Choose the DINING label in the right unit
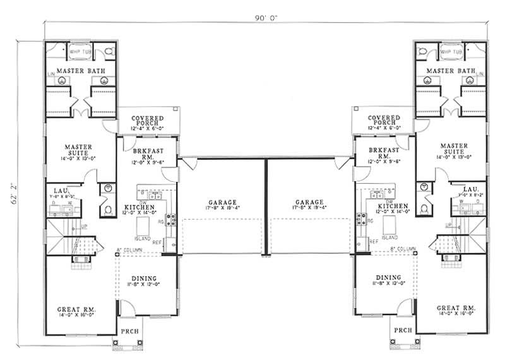coord(388,277)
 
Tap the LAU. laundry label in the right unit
coord(469,189)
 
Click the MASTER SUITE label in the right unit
coord(454,149)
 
